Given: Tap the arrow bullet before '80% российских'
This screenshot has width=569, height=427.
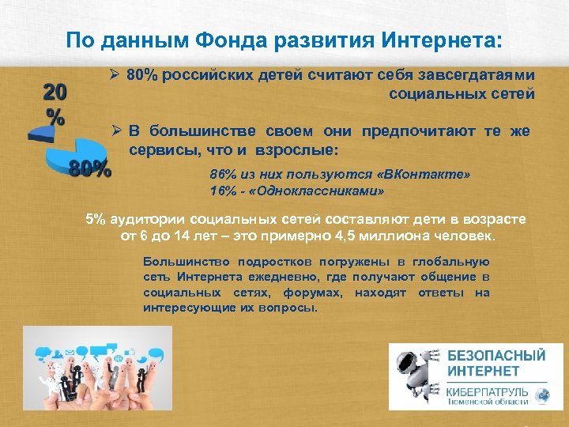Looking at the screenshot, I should [115, 75].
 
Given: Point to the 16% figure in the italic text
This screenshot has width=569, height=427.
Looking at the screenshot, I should [223, 191].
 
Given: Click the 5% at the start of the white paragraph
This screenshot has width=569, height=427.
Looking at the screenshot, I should [94, 219].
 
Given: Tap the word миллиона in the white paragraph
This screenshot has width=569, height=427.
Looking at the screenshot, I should [409, 236].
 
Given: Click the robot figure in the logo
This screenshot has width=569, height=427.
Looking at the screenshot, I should [417, 376].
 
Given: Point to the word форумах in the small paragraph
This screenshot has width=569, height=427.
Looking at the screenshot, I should [316, 293].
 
